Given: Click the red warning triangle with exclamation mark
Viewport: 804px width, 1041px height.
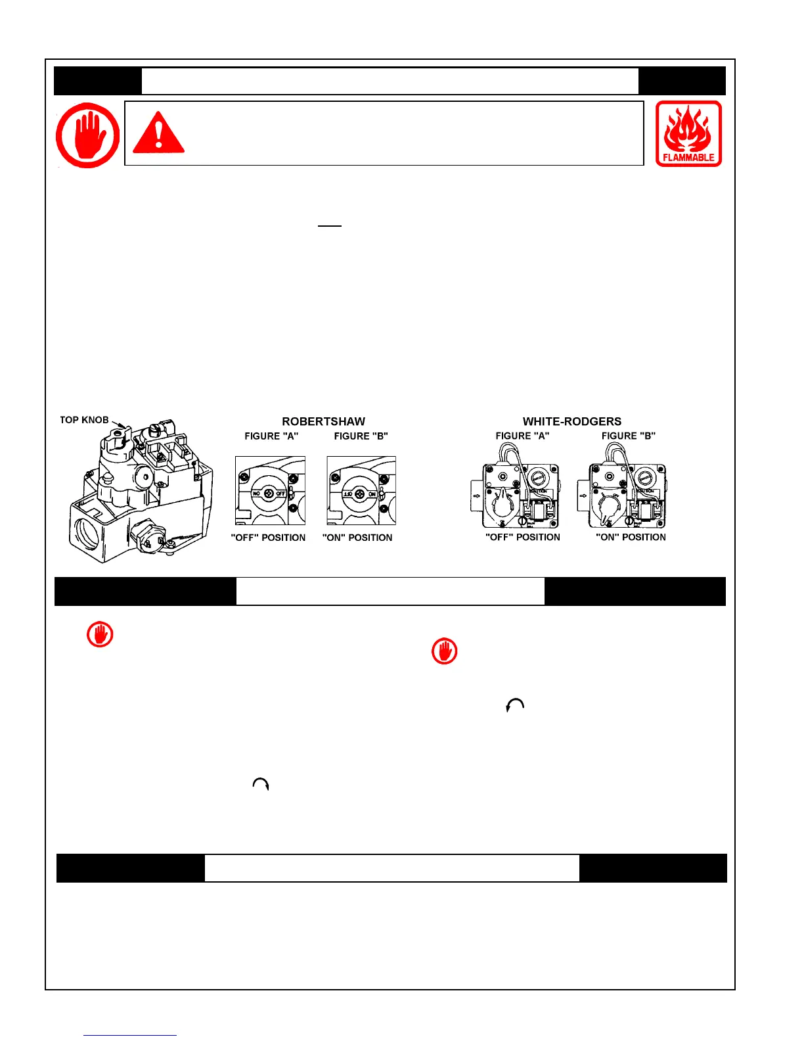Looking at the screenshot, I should tap(158, 133).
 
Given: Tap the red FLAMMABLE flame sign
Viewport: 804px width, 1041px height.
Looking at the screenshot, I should tap(688, 133).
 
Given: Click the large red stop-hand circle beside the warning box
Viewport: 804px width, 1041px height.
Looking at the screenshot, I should tap(88, 135).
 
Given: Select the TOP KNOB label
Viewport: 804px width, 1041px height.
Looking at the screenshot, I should tap(84, 420).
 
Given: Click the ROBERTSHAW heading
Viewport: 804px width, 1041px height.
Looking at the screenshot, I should tap(323, 421).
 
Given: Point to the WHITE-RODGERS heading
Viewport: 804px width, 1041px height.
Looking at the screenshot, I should tap(571, 421).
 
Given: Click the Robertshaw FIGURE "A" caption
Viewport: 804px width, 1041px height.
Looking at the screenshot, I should tap(271, 436).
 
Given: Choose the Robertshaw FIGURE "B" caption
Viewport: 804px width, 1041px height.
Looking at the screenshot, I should tap(361, 436).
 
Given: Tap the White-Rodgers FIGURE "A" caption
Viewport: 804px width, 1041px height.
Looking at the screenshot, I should tap(522, 436).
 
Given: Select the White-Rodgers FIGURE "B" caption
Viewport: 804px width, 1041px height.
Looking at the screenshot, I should tap(628, 436).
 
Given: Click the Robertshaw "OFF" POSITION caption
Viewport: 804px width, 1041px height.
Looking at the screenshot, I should tap(268, 538).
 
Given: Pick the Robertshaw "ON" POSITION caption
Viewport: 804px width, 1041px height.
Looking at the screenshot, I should tap(357, 538).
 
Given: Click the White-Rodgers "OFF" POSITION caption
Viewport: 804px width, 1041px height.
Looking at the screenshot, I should tap(522, 537).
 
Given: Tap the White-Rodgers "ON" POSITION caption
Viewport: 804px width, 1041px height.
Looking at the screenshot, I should tap(631, 537).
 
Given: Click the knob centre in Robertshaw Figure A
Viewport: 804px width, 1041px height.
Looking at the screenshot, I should tap(269, 493).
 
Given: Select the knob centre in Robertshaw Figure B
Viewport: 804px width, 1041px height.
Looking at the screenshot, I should tap(359, 493).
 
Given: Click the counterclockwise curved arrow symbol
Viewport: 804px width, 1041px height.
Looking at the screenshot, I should tap(515, 705).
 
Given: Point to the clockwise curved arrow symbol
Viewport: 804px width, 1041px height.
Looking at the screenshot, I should tap(261, 784).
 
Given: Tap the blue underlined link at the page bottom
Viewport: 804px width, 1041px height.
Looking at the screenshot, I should tap(130, 1035).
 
